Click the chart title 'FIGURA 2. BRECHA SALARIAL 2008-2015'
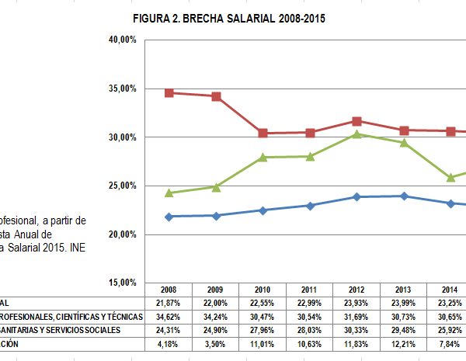[x=228, y=18]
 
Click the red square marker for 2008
[x=169, y=93]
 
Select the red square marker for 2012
[x=356, y=121]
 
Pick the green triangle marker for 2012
[x=356, y=134]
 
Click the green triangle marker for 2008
[x=169, y=193]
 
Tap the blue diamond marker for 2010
[x=263, y=210]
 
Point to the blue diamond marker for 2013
[x=403, y=196]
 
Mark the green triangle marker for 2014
[x=450, y=177]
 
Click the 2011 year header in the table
[x=309, y=289]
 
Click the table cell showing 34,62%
[x=169, y=316]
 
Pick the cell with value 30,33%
[x=356, y=331]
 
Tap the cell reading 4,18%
[x=169, y=345]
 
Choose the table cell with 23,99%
[x=403, y=301]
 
